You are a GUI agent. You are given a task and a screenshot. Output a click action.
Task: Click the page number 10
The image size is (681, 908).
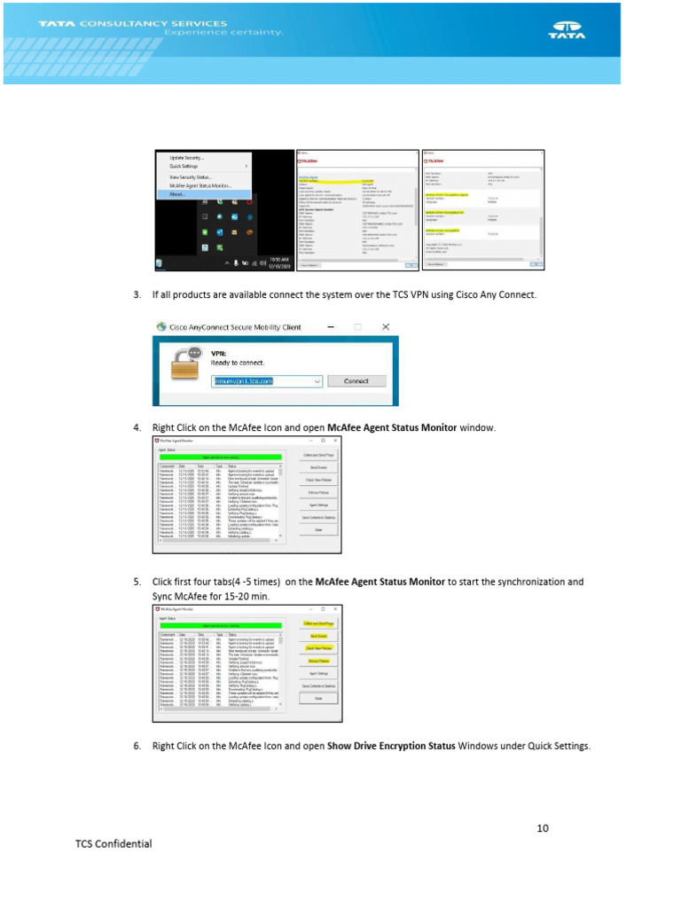tap(543, 828)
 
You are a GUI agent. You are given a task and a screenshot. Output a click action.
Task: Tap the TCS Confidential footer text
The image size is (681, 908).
tap(113, 843)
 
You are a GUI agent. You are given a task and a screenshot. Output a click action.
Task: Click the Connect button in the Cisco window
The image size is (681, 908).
tap(356, 380)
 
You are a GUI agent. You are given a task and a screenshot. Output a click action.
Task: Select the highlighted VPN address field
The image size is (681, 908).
tap(266, 380)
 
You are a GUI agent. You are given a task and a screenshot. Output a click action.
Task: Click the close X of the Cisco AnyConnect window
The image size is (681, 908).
tap(385, 327)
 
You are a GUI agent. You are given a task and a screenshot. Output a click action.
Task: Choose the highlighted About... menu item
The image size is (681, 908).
tap(177, 194)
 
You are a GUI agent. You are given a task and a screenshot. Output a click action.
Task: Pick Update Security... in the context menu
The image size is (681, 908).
tap(187, 158)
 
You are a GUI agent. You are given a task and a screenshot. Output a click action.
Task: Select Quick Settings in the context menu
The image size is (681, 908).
tap(184, 166)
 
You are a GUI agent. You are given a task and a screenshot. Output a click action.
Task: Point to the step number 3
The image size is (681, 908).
tap(137, 294)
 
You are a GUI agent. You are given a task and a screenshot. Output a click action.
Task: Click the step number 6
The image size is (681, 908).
tap(137, 746)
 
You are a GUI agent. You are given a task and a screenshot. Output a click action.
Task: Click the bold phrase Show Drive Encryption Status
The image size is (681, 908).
tap(391, 746)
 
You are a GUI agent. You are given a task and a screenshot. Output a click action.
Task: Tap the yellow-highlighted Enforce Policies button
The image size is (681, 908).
tap(317, 661)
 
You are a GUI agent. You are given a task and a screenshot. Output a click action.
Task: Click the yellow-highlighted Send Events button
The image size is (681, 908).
tap(317, 636)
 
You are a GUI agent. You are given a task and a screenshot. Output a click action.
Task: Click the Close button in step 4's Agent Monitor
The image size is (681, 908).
tap(317, 529)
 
